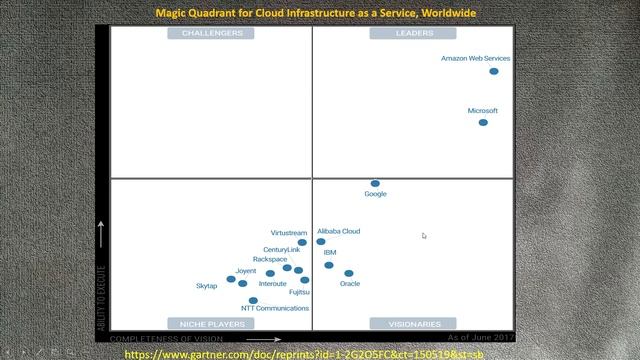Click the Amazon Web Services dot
[x=494, y=71]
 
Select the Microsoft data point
[x=483, y=123]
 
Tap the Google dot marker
[x=375, y=184]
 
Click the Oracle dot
[x=349, y=273]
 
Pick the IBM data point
[x=329, y=265]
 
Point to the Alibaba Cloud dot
[x=321, y=241]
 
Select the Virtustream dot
[x=303, y=242]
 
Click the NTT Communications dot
[x=253, y=300]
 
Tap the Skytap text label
[x=206, y=286]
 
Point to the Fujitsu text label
[x=299, y=292]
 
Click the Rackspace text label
[x=270, y=259]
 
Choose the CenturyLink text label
[x=281, y=249]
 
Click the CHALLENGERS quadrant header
[x=211, y=33]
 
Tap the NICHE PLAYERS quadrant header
[x=212, y=324]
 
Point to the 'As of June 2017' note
[x=481, y=338]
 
